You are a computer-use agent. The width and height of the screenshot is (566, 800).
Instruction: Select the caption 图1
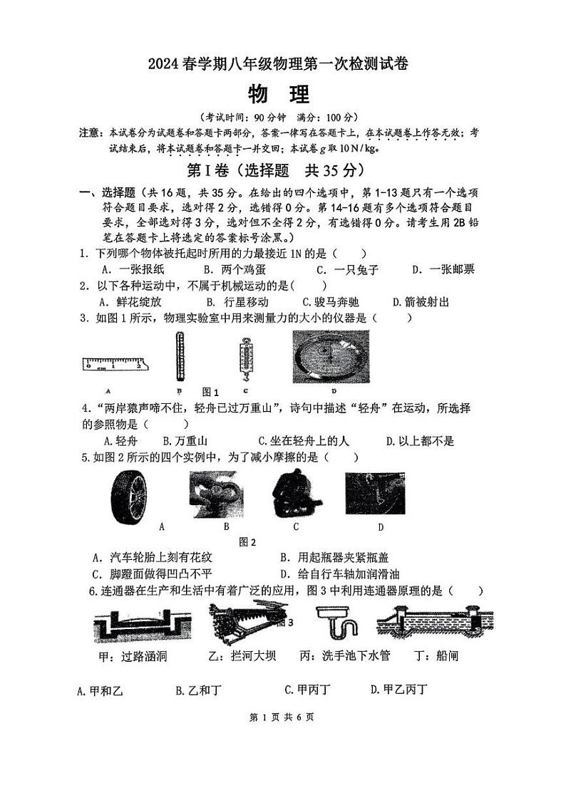point(210,392)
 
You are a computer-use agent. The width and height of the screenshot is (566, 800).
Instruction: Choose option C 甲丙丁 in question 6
point(307,689)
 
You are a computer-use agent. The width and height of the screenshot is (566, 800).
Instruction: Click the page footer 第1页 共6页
point(283,717)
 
